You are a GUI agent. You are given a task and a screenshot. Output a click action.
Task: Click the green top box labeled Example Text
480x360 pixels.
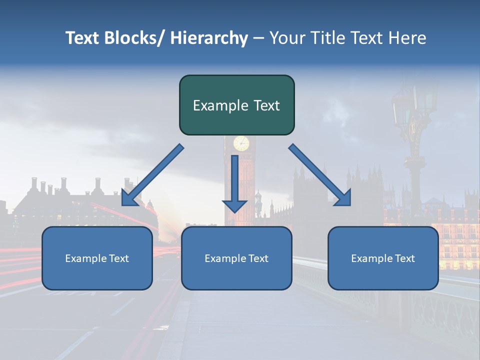tap(236, 105)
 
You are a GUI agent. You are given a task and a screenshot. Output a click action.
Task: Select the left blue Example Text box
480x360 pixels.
tap(97, 258)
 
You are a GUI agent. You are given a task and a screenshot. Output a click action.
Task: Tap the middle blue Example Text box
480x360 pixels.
tap(236, 258)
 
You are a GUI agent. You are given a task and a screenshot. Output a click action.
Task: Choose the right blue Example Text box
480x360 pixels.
tap(383, 258)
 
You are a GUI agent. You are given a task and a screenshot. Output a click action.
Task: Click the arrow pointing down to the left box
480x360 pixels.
tap(152, 175)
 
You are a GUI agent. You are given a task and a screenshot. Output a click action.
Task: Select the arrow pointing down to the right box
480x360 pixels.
tap(320, 175)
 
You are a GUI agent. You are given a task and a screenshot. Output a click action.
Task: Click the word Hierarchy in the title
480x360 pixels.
tap(209, 38)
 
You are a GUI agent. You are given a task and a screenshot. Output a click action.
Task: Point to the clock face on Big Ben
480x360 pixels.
tap(241, 143)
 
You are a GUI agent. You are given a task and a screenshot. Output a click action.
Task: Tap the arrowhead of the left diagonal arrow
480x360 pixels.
tap(129, 197)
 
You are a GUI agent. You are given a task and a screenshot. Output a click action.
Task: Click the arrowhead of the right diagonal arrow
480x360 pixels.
tap(343, 197)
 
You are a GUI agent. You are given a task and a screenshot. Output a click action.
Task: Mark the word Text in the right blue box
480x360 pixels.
tap(405, 258)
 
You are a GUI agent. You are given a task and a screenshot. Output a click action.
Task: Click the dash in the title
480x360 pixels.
tap(258, 38)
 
